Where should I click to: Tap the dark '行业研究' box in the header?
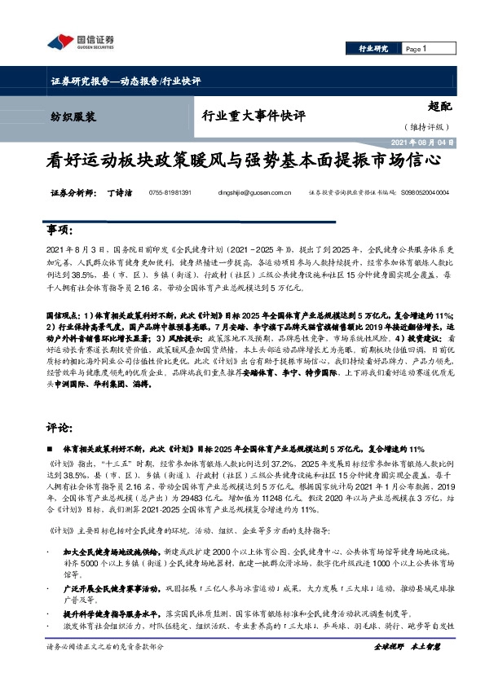click(374, 49)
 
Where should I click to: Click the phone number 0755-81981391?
click(170, 193)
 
